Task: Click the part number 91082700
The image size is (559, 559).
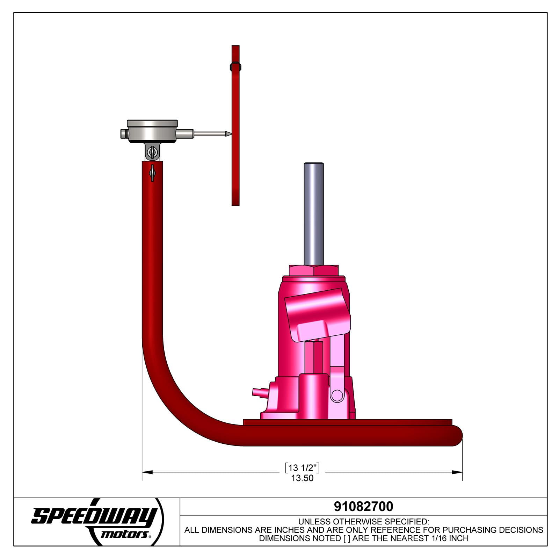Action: (x=363, y=506)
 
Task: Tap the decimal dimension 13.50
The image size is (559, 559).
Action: (x=302, y=478)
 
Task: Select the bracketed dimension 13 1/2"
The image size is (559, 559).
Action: (x=302, y=467)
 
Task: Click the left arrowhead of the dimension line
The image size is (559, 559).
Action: (x=147, y=472)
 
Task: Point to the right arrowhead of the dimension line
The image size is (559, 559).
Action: (x=457, y=472)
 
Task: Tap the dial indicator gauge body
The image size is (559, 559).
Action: (x=152, y=131)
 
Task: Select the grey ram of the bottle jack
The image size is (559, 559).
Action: (x=314, y=214)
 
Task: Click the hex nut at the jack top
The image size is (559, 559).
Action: (x=314, y=270)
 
